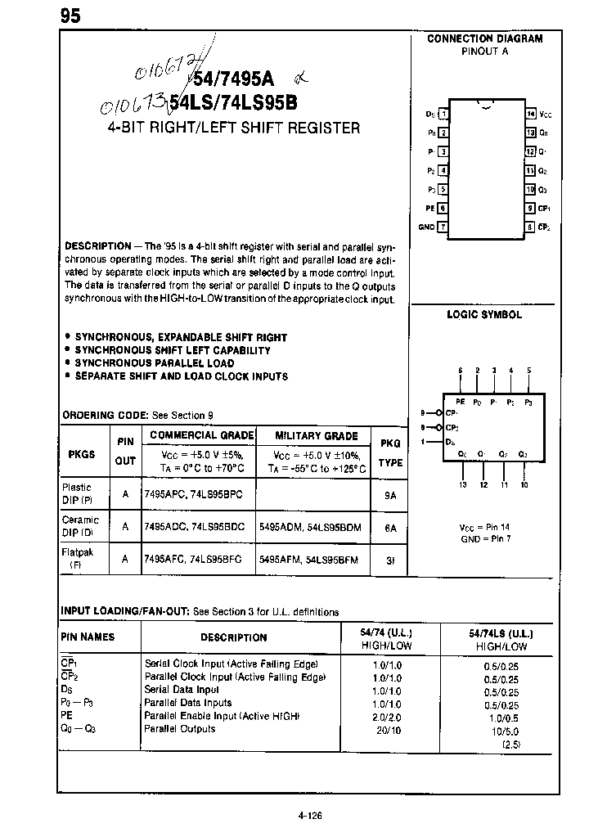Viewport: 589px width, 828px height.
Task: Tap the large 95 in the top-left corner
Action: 70,16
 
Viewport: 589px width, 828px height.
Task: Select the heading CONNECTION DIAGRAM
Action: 484,38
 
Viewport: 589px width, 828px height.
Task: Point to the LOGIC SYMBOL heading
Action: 483,314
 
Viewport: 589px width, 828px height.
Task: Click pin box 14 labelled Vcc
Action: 531,115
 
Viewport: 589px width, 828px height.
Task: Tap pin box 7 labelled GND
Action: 443,227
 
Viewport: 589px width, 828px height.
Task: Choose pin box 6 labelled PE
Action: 443,208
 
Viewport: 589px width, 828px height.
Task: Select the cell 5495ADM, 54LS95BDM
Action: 309,527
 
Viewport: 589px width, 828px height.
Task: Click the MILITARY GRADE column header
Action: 316,436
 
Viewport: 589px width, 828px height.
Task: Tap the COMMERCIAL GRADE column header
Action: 202,435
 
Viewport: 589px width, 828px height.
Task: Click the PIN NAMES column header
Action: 88,637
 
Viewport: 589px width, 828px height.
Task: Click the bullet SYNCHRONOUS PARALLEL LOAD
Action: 154,363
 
